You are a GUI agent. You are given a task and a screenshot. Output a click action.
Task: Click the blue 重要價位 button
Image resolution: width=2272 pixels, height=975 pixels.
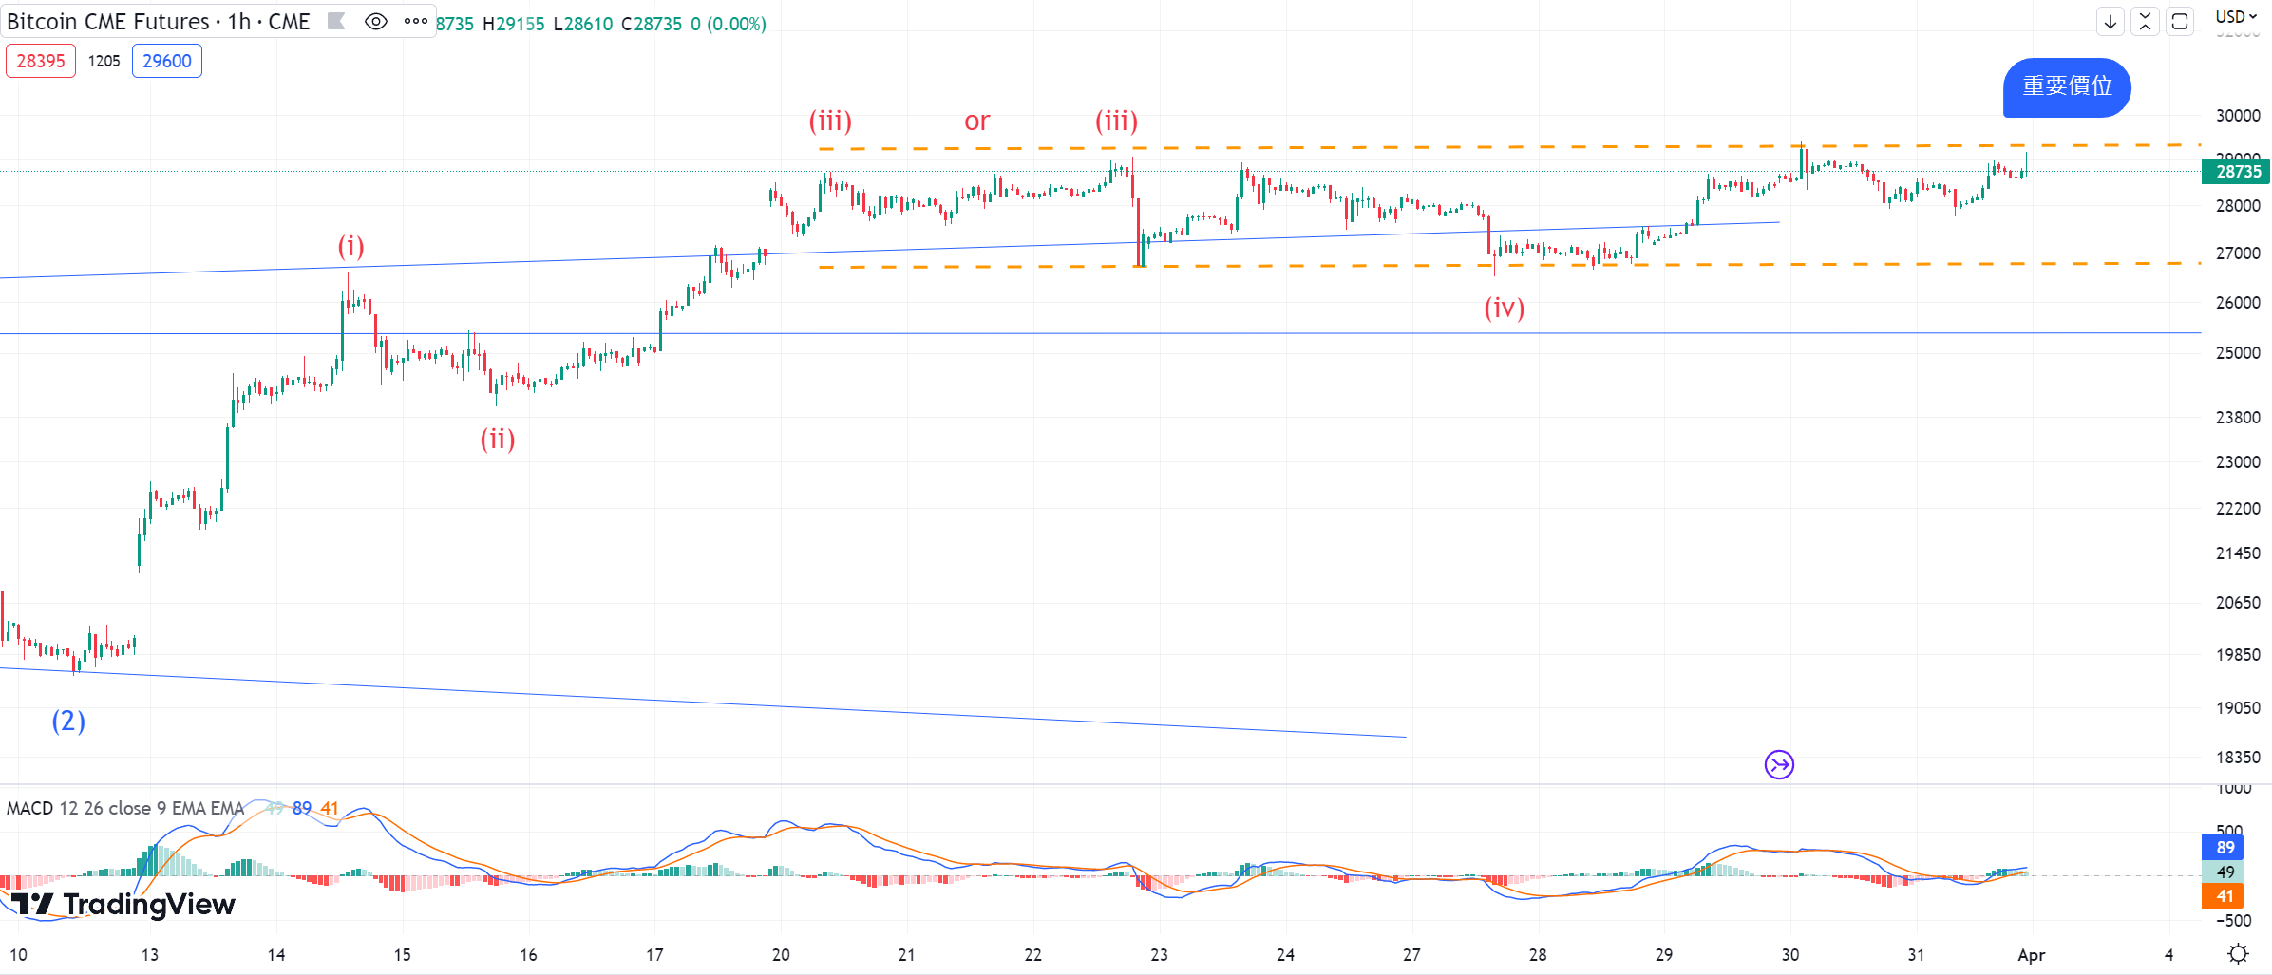click(2067, 87)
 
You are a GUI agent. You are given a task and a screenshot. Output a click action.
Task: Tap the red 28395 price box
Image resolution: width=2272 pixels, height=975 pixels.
click(41, 62)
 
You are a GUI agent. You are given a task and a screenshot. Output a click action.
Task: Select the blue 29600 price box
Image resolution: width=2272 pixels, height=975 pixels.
click(167, 62)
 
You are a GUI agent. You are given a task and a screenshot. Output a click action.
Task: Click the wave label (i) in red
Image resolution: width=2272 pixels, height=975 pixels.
click(351, 247)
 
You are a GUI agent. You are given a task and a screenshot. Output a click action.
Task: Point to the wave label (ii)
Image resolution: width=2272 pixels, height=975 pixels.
click(498, 439)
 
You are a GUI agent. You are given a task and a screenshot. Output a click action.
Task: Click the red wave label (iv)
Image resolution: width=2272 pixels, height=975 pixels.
click(1505, 308)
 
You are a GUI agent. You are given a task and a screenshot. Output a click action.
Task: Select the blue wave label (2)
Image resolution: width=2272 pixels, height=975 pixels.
click(68, 722)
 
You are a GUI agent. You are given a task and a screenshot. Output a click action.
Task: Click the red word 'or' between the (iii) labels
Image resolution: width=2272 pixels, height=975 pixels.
click(976, 122)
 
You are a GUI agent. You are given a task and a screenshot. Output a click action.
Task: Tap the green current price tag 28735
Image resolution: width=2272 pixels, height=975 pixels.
click(2237, 172)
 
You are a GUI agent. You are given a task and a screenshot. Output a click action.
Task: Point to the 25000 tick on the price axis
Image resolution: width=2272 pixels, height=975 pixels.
click(2238, 353)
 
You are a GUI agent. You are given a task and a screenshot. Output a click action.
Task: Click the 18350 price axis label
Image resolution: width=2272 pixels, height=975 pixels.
click(2238, 758)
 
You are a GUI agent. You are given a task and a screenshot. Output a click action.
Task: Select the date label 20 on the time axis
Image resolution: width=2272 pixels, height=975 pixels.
click(781, 955)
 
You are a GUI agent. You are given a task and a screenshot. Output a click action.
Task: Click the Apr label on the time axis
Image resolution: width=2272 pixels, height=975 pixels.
click(2031, 955)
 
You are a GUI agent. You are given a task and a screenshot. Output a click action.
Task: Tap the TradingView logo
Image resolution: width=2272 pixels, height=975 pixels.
click(123, 904)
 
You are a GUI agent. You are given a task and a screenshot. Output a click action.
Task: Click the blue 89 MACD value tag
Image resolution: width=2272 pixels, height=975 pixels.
click(2225, 848)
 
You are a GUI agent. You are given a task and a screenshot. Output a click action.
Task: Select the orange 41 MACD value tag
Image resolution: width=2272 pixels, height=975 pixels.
click(2225, 896)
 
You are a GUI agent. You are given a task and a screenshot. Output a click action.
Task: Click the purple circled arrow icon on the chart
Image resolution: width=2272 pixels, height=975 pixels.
click(1779, 764)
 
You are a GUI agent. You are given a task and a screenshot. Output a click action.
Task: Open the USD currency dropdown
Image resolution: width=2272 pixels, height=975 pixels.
click(2236, 17)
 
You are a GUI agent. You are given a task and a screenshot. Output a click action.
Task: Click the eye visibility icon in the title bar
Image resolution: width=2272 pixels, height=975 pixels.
click(376, 22)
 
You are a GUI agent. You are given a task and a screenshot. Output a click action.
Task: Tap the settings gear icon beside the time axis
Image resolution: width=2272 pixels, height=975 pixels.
click(2239, 953)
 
